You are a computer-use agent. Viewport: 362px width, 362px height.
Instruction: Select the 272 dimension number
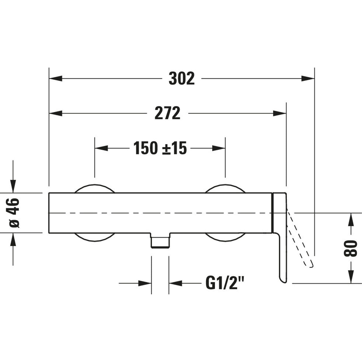click(x=167, y=113)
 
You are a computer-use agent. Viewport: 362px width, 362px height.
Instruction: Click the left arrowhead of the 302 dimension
click(x=55, y=78)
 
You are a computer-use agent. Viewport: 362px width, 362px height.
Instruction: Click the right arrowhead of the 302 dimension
click(x=308, y=78)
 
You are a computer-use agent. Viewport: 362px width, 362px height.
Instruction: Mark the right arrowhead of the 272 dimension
click(x=280, y=113)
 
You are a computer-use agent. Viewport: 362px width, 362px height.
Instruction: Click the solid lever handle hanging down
click(x=282, y=253)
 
